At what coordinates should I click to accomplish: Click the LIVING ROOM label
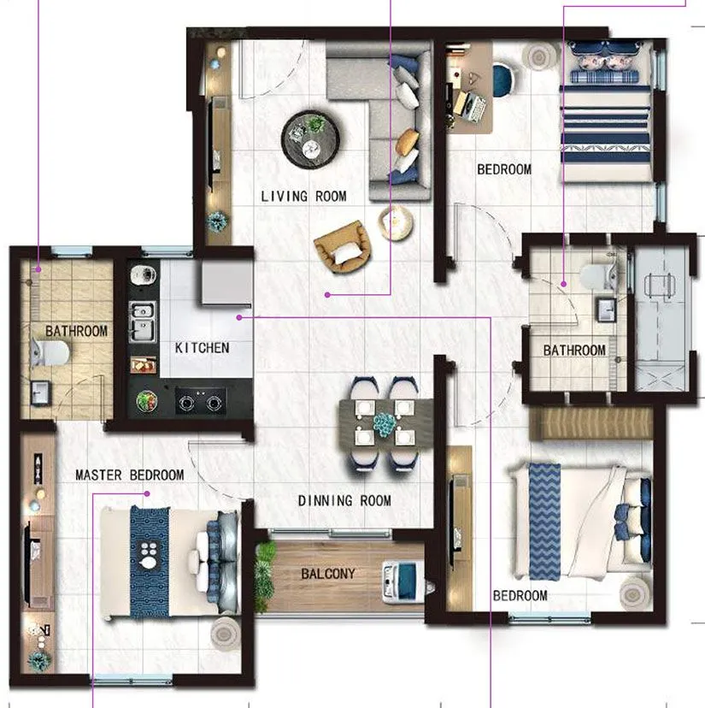[303, 197]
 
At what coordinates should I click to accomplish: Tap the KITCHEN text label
[202, 348]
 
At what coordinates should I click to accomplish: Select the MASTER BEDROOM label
[129, 475]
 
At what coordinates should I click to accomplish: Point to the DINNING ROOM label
[344, 500]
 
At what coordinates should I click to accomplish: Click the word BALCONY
[328, 574]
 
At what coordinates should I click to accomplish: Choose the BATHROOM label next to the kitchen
[76, 331]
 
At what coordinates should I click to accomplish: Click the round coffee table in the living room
[311, 139]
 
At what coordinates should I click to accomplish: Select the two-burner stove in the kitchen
[201, 400]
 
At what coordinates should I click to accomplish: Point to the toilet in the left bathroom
[50, 352]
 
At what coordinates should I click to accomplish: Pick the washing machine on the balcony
[402, 581]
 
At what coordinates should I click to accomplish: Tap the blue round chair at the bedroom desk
[504, 80]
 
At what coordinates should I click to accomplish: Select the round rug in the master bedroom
[224, 634]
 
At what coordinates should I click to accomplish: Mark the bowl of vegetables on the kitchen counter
[147, 399]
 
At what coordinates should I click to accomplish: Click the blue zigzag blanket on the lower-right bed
[544, 521]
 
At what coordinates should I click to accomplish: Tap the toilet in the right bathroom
[595, 274]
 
